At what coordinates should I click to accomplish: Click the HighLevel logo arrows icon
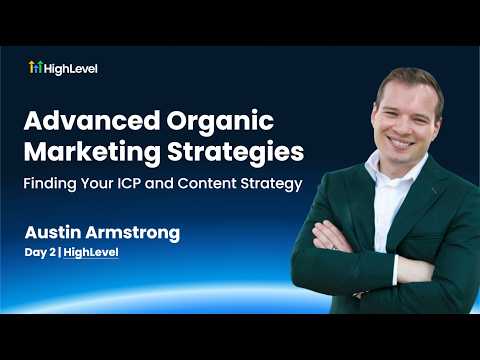[35, 68]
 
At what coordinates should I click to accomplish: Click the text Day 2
[41, 253]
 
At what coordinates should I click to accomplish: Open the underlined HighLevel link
[90, 253]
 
